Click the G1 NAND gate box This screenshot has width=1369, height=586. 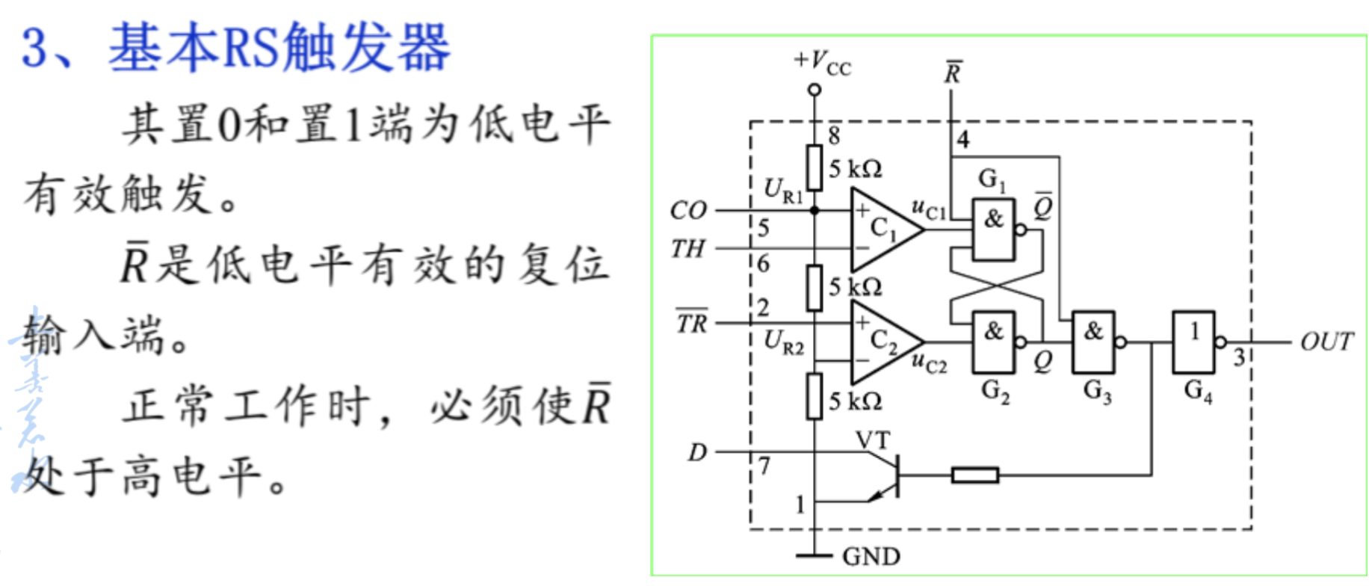click(993, 229)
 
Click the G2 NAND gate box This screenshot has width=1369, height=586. click(993, 342)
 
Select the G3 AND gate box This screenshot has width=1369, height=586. click(1093, 342)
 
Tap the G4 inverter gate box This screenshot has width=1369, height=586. click(1193, 342)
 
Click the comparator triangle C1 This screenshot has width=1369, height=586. click(882, 229)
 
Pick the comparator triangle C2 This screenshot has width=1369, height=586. click(882, 342)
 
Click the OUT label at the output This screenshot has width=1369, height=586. click(1326, 342)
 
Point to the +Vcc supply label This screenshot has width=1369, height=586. click(822, 63)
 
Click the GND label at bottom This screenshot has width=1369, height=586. click(871, 557)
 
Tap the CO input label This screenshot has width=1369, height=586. click(688, 210)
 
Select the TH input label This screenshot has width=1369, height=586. click(688, 248)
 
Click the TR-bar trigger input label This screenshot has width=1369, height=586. click(692, 323)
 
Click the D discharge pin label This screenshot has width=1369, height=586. click(696, 452)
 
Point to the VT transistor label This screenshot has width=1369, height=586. click(873, 440)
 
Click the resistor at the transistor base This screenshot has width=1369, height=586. click(974, 475)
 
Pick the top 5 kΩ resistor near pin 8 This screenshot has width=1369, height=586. click(815, 167)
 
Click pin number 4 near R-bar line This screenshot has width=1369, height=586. click(963, 140)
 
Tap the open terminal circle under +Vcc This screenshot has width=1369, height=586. click(815, 90)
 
